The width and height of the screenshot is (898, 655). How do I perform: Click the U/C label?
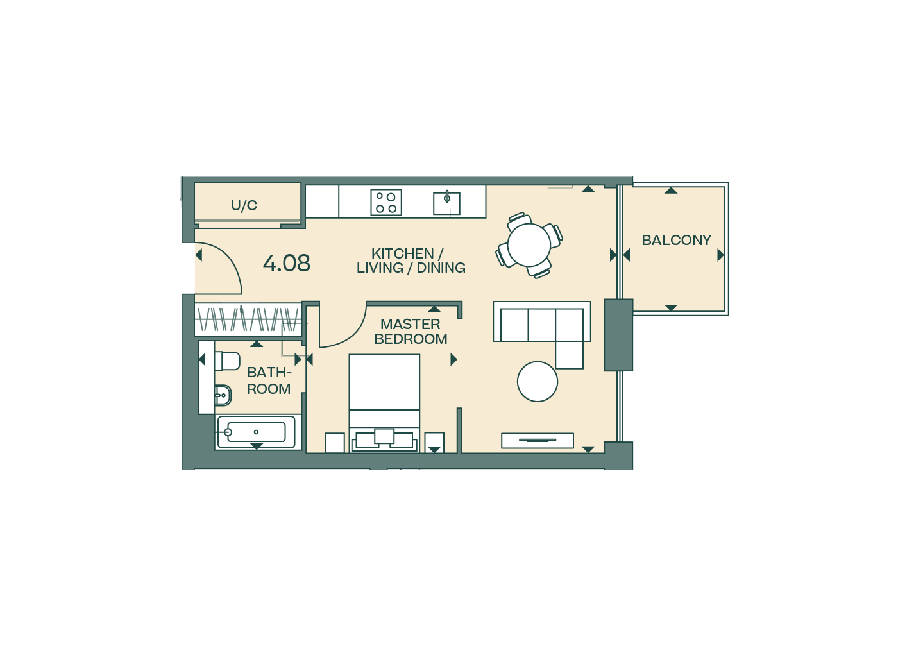point(244,206)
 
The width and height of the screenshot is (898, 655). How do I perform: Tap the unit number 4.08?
point(287,263)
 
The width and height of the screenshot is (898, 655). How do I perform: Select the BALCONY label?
point(676,240)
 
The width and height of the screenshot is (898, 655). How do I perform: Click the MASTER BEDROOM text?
point(411,331)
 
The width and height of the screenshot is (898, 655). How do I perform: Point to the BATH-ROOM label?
point(269,380)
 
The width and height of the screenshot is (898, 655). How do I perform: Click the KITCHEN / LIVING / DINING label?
point(411,260)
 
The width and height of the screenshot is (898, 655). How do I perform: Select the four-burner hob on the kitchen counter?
point(386,202)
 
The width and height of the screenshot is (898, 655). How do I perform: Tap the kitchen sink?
point(446,203)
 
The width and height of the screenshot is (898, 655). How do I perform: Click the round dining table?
point(529,244)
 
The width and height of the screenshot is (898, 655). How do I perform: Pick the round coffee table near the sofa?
point(538,381)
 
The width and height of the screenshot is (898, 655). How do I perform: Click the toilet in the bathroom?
point(227,361)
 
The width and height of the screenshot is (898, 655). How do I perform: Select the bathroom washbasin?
point(223,396)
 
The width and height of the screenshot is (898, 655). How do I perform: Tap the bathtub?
point(256,432)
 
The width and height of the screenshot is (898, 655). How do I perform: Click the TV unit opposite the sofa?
point(538,441)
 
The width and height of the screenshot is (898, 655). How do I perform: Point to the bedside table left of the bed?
point(335,443)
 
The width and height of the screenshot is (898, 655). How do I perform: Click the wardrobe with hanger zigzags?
point(248,319)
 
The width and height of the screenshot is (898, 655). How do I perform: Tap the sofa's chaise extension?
point(570,355)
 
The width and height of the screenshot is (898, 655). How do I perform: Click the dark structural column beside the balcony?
point(618,335)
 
